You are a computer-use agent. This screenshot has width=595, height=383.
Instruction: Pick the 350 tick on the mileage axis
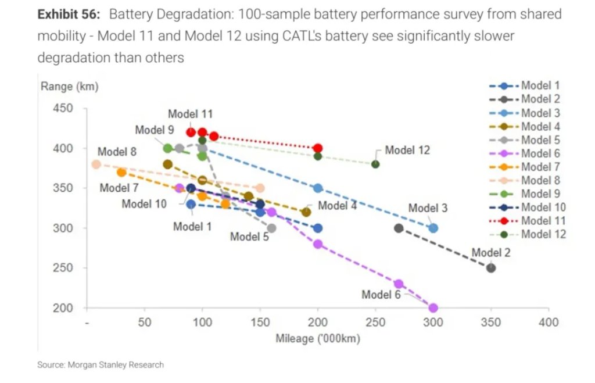[490, 323]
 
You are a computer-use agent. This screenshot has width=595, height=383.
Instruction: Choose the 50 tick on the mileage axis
[145, 323]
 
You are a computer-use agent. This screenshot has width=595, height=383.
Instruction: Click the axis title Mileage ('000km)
[318, 338]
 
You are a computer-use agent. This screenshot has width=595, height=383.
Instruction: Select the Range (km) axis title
[70, 87]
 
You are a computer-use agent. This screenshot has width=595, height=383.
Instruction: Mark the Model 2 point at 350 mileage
[491, 268]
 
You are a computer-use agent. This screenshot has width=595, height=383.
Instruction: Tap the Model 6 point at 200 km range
[433, 307]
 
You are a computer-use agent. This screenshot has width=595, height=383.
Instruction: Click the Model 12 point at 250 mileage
[375, 164]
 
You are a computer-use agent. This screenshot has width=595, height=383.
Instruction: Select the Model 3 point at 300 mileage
[433, 228]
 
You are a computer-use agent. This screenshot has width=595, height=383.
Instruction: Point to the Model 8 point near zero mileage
[96, 164]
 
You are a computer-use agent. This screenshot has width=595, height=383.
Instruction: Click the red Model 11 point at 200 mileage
[318, 148]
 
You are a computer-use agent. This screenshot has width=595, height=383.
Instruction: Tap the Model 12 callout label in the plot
[407, 150]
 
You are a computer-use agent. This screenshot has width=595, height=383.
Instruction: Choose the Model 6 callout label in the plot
[381, 295]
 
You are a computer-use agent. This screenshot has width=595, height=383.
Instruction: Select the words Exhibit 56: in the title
[70, 15]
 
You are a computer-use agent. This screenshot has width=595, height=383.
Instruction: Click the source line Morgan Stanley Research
[101, 365]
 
